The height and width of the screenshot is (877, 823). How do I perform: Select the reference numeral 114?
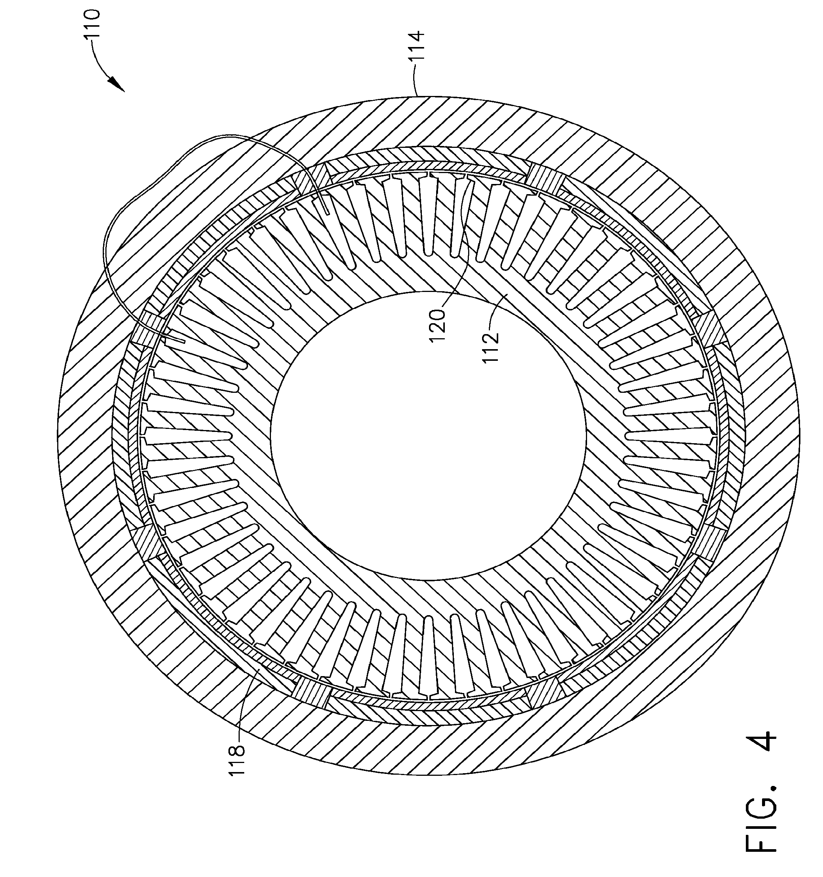point(417,46)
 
